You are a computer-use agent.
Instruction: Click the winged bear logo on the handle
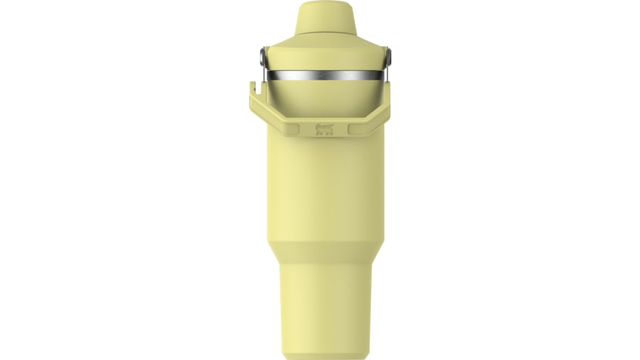[324, 129]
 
